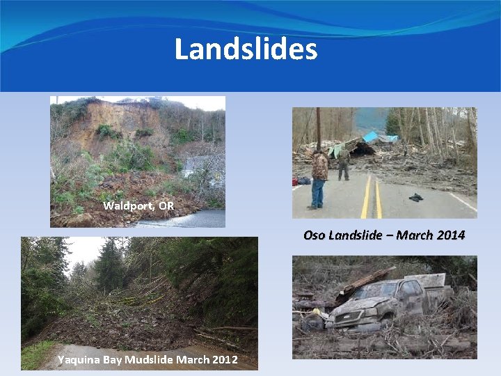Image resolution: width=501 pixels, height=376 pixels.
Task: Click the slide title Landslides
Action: coord(246,49)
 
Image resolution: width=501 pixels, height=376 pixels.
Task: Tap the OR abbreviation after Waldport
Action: coord(166,205)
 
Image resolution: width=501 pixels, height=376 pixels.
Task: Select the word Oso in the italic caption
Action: coord(314,235)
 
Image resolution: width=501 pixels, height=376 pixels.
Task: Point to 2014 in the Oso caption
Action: coord(451,235)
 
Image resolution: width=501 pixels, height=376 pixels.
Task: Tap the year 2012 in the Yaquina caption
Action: coord(224,360)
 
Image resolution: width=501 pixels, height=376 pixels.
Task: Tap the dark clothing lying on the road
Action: coord(415,197)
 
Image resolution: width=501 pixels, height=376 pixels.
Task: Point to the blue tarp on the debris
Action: coord(371,137)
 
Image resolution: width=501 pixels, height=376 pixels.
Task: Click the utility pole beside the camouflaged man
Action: coord(318,125)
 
